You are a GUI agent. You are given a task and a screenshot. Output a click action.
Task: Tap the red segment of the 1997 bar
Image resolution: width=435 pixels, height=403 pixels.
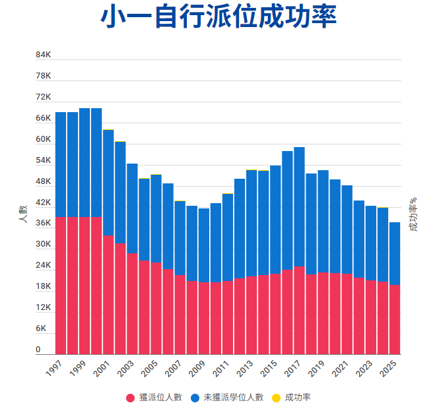tap(61, 286)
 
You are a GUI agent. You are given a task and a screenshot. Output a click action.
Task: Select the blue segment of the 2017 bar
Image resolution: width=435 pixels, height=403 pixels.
tap(299, 206)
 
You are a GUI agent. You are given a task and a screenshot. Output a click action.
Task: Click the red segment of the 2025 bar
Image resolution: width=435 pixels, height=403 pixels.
tap(394, 319)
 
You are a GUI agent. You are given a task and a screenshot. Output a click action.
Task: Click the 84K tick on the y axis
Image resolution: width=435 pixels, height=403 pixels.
tap(43, 55)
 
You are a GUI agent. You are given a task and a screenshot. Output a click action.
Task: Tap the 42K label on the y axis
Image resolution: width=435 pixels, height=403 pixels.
tap(43, 202)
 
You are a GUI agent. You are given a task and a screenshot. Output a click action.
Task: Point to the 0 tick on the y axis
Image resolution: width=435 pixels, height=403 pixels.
tap(38, 350)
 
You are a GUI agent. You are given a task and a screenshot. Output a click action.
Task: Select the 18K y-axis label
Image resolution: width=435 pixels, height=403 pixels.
tap(43, 286)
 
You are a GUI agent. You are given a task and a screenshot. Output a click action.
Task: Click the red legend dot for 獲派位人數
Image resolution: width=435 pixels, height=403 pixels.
tap(131, 397)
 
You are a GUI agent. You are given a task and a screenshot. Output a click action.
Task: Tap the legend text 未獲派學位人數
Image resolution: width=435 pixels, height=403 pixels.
tap(233, 397)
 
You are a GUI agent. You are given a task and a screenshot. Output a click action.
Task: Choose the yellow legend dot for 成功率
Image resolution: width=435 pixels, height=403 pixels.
tap(277, 397)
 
